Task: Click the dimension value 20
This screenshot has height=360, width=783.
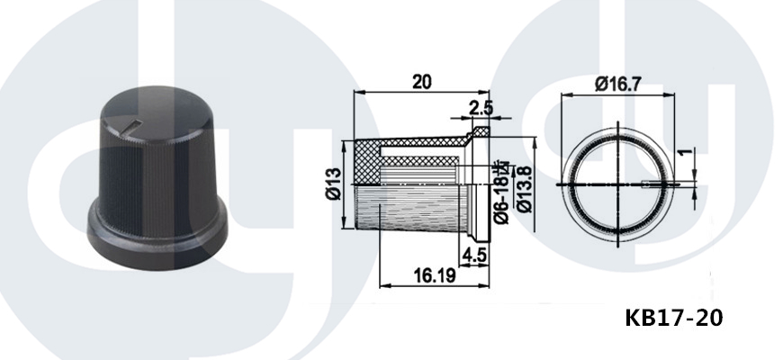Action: (422, 81)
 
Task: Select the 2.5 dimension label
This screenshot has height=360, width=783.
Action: (481, 108)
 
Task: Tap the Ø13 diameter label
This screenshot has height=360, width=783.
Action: (334, 184)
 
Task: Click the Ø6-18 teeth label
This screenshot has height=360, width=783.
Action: (502, 191)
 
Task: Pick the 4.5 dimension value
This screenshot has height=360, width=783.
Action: (474, 255)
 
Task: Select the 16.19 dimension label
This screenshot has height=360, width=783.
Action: (435, 274)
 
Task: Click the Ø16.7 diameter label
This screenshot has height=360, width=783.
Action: (617, 84)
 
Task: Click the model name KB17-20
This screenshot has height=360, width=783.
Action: (673, 318)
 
